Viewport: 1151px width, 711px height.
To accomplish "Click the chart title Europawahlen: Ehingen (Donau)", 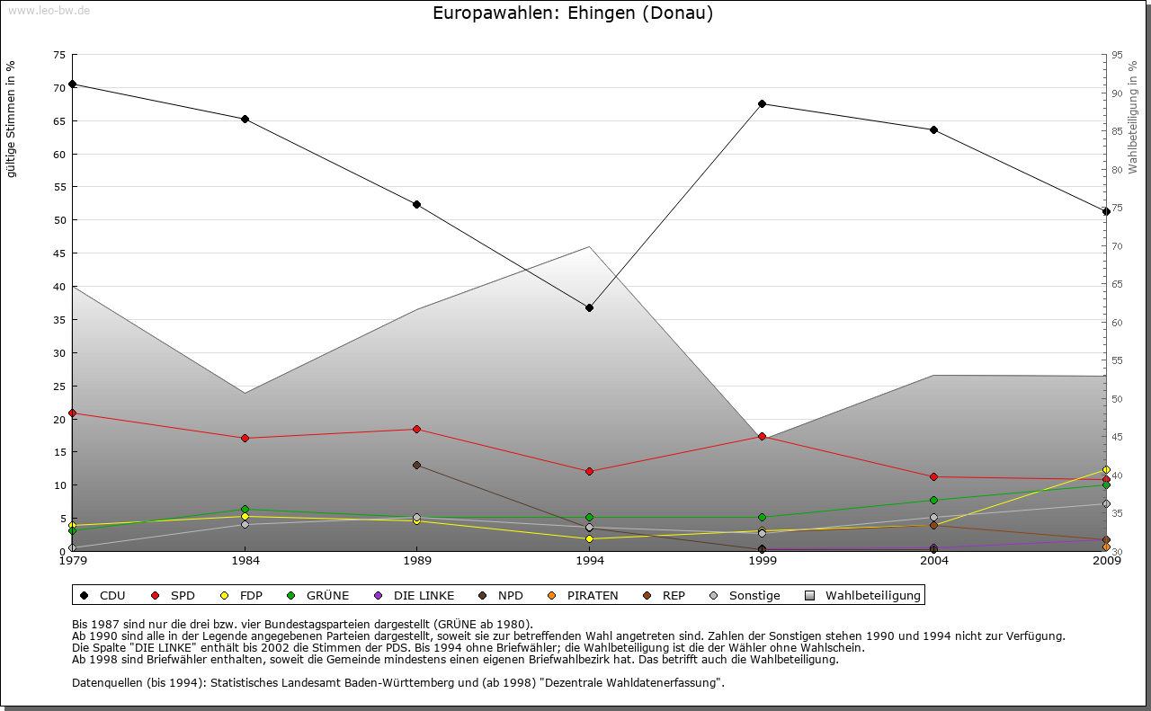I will [573, 13].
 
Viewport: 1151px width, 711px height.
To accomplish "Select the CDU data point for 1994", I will [590, 307].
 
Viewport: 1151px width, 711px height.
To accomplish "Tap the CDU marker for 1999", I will [763, 103].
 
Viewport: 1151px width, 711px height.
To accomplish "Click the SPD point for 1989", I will [417, 429].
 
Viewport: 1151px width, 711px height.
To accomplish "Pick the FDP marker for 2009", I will [1107, 470].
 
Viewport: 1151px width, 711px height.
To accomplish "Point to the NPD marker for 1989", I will [417, 465].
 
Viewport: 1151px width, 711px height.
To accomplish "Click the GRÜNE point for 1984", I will [245, 510].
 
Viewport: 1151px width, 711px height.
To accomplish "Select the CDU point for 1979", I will [73, 84].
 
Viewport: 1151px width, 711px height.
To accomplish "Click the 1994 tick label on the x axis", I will [590, 561].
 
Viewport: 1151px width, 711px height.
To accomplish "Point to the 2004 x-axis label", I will [934, 561].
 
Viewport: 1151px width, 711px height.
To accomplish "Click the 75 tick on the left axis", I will [58, 55].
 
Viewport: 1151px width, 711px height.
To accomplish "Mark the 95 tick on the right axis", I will [1117, 55].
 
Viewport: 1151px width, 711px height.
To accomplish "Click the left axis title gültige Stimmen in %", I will [12, 119].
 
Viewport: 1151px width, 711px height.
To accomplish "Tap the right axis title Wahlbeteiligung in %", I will [1133, 117].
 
